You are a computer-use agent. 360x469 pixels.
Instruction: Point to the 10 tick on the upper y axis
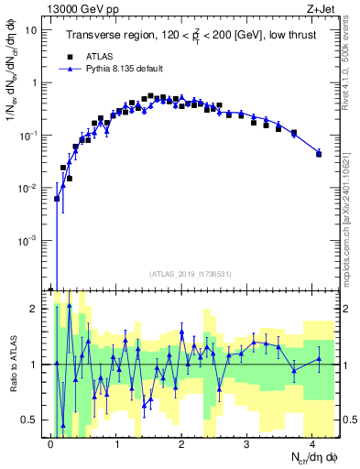(35, 29)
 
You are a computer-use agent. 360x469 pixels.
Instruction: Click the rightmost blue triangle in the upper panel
(319, 152)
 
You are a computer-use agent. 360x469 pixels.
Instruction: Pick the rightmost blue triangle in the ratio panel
(319, 358)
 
